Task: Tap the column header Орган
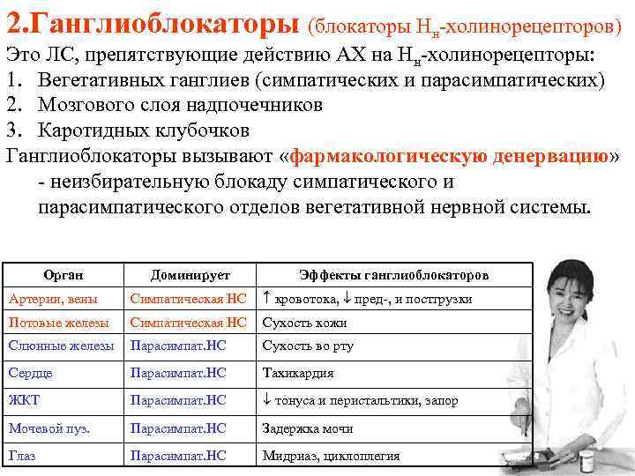63,276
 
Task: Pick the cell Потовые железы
57,323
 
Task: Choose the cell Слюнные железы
60,346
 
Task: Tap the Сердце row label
30,373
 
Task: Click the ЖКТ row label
24,400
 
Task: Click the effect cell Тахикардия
298,373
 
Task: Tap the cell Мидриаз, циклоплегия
331,456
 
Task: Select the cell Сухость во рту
308,346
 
